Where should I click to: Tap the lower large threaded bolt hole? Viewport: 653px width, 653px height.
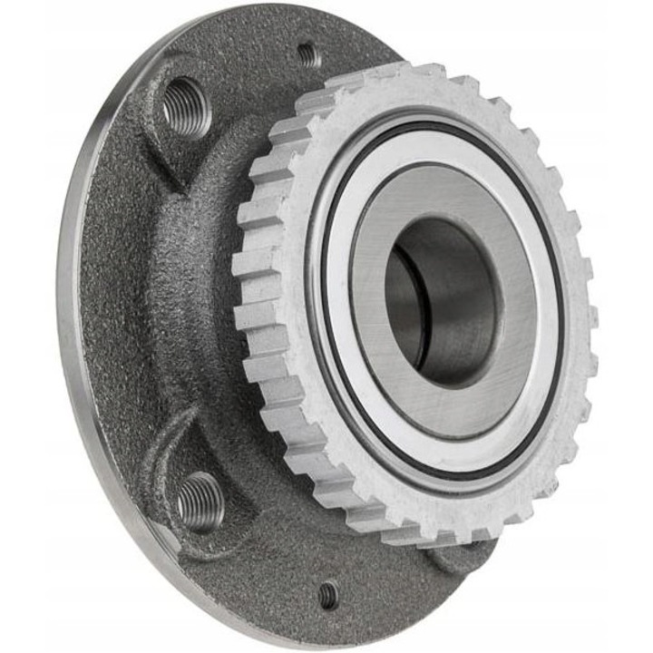[200, 501]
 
